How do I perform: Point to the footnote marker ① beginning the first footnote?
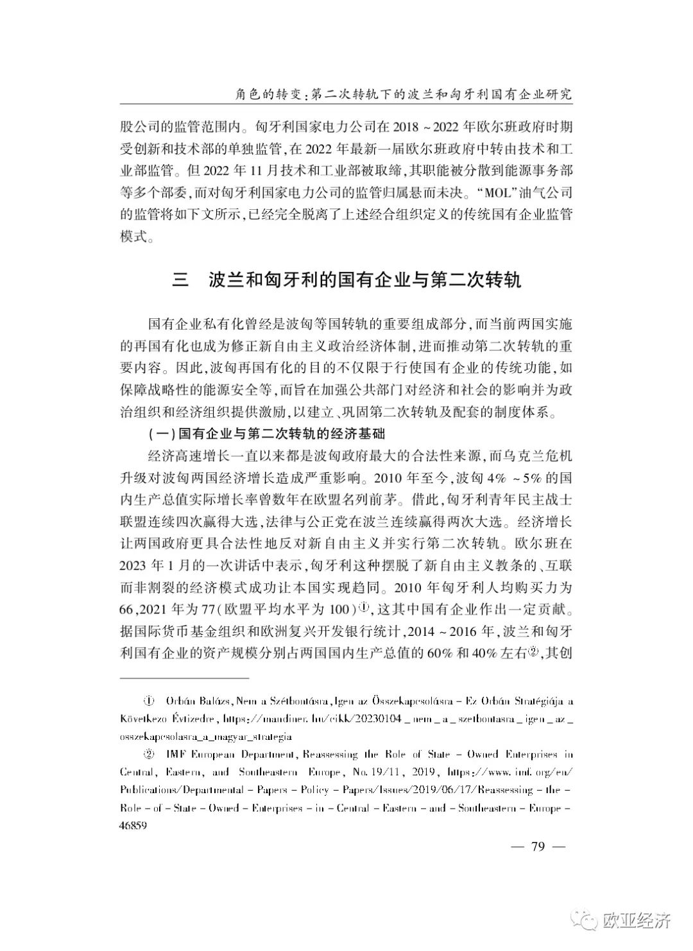click(150, 700)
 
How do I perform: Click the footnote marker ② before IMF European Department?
click(150, 755)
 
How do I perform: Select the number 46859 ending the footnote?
click(134, 827)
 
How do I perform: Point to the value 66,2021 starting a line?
click(145, 608)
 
